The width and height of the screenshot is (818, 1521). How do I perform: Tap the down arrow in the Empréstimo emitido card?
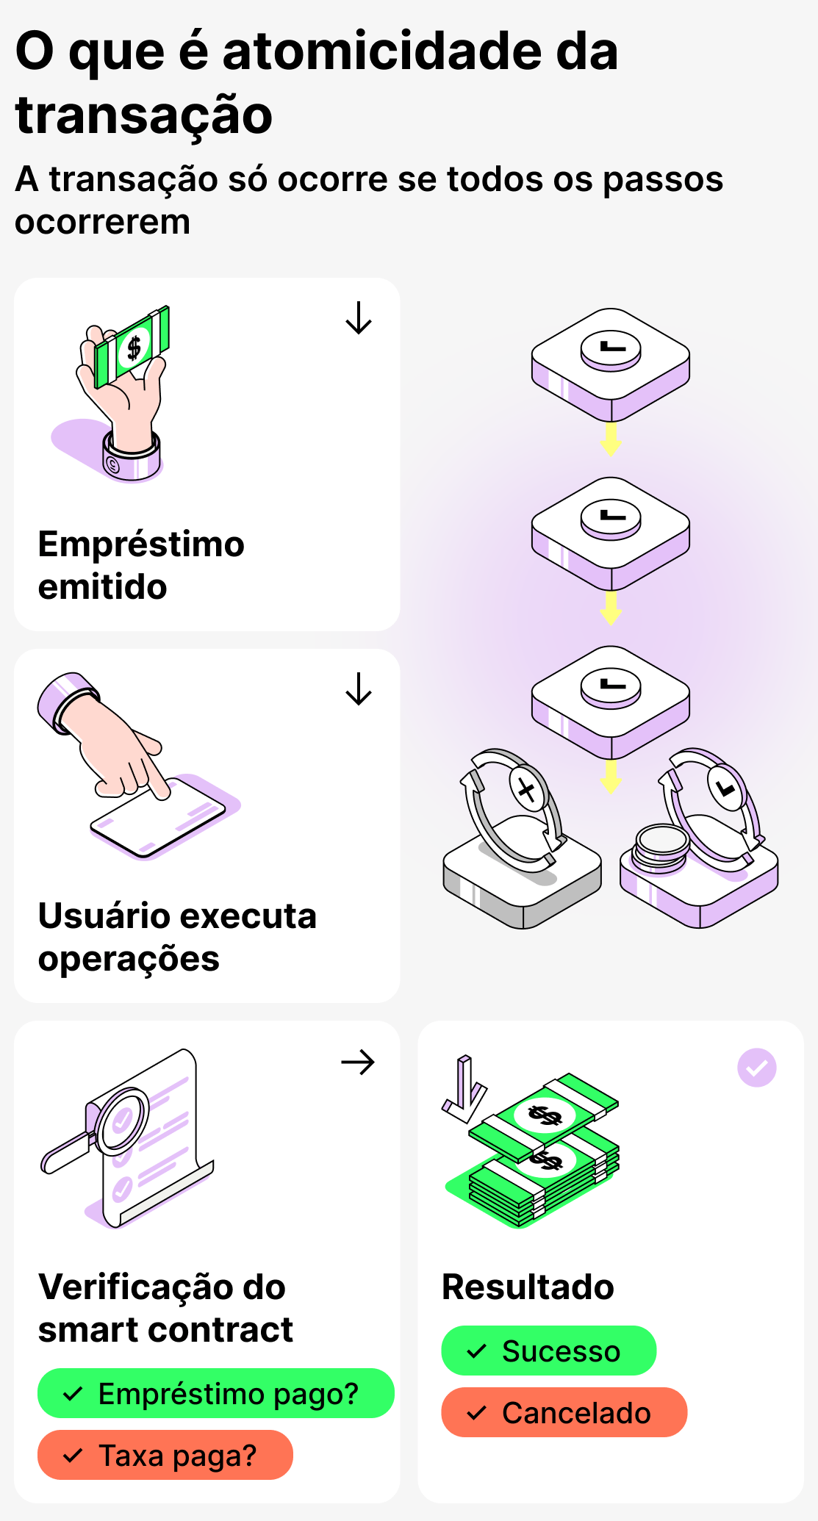[359, 317]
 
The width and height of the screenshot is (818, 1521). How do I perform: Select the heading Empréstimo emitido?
[141, 565]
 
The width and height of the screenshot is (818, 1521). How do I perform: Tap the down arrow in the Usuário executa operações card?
[359, 688]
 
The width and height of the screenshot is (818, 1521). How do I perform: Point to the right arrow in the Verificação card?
[358, 1062]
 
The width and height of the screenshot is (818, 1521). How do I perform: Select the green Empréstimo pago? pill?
[215, 1393]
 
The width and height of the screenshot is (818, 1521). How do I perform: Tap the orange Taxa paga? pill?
[165, 1455]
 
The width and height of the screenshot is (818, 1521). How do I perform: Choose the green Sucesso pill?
[548, 1351]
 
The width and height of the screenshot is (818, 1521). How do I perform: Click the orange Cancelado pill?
[564, 1412]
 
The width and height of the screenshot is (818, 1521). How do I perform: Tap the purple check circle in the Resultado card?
[756, 1068]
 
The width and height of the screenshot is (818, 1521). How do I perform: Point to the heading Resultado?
[528, 1287]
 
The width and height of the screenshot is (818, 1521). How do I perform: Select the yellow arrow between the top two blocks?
[610, 439]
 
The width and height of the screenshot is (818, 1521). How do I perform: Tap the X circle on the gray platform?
[527, 791]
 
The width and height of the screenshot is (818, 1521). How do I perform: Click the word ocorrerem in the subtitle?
[103, 221]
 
